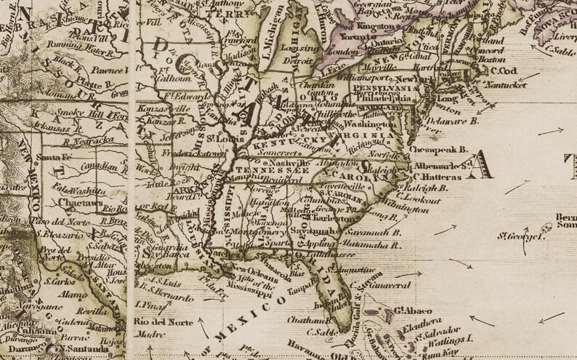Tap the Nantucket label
tap(506, 85)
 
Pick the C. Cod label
tap(503, 71)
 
